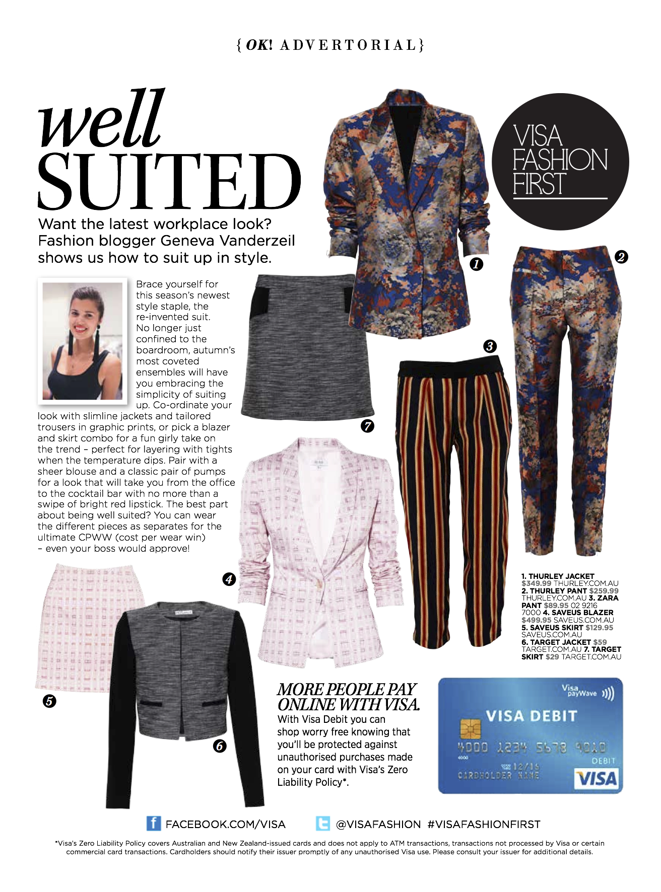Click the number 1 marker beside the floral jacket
pyautogui.click(x=476, y=263)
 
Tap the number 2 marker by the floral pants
pyautogui.click(x=621, y=257)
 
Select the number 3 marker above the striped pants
pyautogui.click(x=490, y=346)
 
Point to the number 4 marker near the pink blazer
pyautogui.click(x=229, y=579)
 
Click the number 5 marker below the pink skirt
pyautogui.click(x=49, y=701)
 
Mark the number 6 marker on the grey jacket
pyautogui.click(x=220, y=746)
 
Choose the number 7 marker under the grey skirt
pyautogui.click(x=368, y=426)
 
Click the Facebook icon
pyautogui.click(x=154, y=824)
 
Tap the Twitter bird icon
pyautogui.click(x=322, y=824)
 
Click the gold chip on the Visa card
pyautogui.click(x=471, y=728)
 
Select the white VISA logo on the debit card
pyautogui.click(x=597, y=779)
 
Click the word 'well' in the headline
pyautogui.click(x=101, y=120)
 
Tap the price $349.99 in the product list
pyautogui.click(x=537, y=583)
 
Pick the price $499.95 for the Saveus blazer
pyautogui.click(x=537, y=620)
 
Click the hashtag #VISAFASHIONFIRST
pyautogui.click(x=484, y=825)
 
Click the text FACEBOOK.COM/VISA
pyautogui.click(x=225, y=825)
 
